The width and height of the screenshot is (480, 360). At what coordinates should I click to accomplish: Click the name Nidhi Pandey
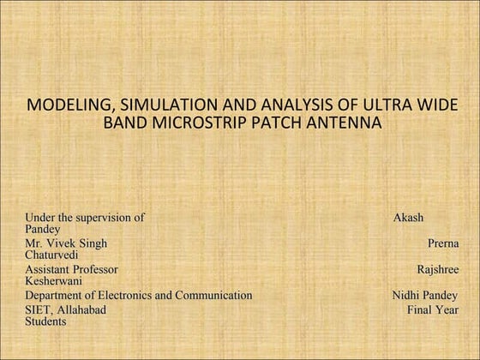click(x=424, y=295)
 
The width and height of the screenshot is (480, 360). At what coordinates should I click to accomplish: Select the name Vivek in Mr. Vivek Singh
click(x=61, y=243)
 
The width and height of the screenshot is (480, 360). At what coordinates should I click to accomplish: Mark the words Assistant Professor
click(x=71, y=269)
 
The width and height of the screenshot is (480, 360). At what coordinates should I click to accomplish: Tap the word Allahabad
click(x=81, y=309)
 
